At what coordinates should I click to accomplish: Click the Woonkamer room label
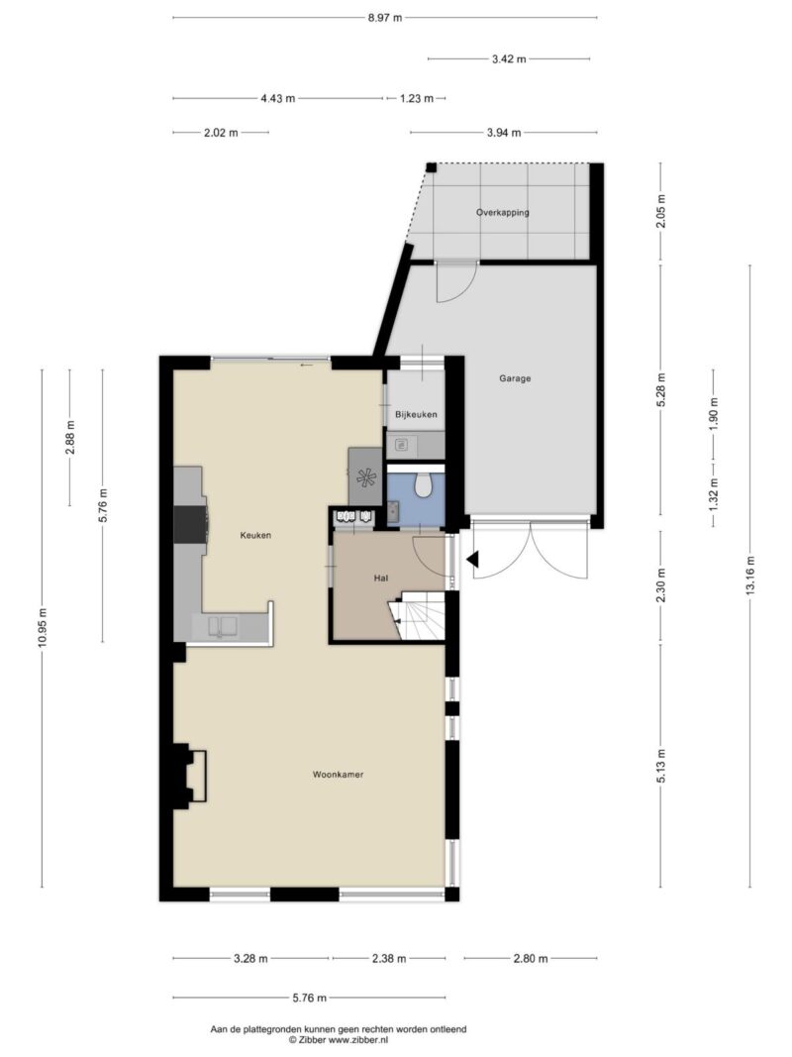[x=338, y=775]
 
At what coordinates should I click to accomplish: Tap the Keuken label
[x=256, y=535]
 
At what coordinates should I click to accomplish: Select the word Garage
[x=515, y=378]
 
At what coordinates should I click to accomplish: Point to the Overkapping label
[x=502, y=212]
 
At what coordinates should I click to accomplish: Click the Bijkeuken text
[x=416, y=414]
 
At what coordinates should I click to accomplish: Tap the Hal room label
[x=381, y=578]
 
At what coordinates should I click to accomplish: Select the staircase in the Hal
[x=418, y=615]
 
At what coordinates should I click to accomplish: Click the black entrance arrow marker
[x=473, y=559]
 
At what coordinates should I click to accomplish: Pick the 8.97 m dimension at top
[x=384, y=18]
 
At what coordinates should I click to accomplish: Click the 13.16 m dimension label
[x=750, y=575]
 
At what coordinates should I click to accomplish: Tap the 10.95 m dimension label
[x=43, y=628]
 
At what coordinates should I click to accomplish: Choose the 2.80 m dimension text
[x=531, y=959]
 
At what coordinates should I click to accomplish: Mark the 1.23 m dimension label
[x=416, y=98]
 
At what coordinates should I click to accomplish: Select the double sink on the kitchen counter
[x=223, y=628]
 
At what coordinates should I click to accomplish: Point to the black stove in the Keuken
[x=191, y=524]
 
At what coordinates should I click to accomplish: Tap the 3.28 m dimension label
[x=250, y=959]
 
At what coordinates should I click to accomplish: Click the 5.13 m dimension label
[x=661, y=766]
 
